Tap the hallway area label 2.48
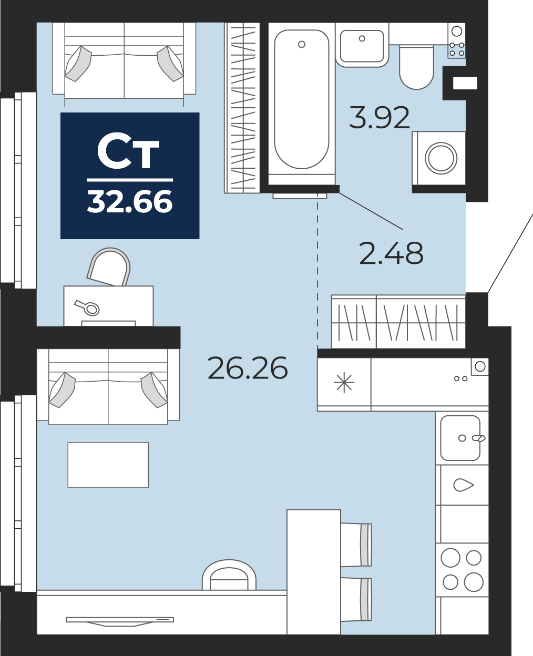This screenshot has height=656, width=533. click(391, 254)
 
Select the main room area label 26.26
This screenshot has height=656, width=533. click(248, 368)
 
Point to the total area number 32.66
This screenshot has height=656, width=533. click(130, 201)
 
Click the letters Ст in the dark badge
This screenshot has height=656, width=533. click(128, 153)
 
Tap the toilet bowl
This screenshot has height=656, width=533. click(416, 68)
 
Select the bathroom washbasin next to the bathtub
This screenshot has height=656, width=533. click(362, 46)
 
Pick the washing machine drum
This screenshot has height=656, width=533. click(440, 158)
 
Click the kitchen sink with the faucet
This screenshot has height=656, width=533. click(460, 438)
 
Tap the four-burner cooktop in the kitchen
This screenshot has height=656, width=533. click(462, 570)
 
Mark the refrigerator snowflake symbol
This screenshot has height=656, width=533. click(344, 383)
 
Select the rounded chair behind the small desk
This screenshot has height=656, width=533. click(109, 267)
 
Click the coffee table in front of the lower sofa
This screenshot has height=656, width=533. click(108, 465)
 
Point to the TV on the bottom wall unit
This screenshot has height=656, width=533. click(120, 621)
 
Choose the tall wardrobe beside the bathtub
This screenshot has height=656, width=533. click(242, 108)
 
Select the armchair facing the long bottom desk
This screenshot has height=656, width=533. click(229, 576)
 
